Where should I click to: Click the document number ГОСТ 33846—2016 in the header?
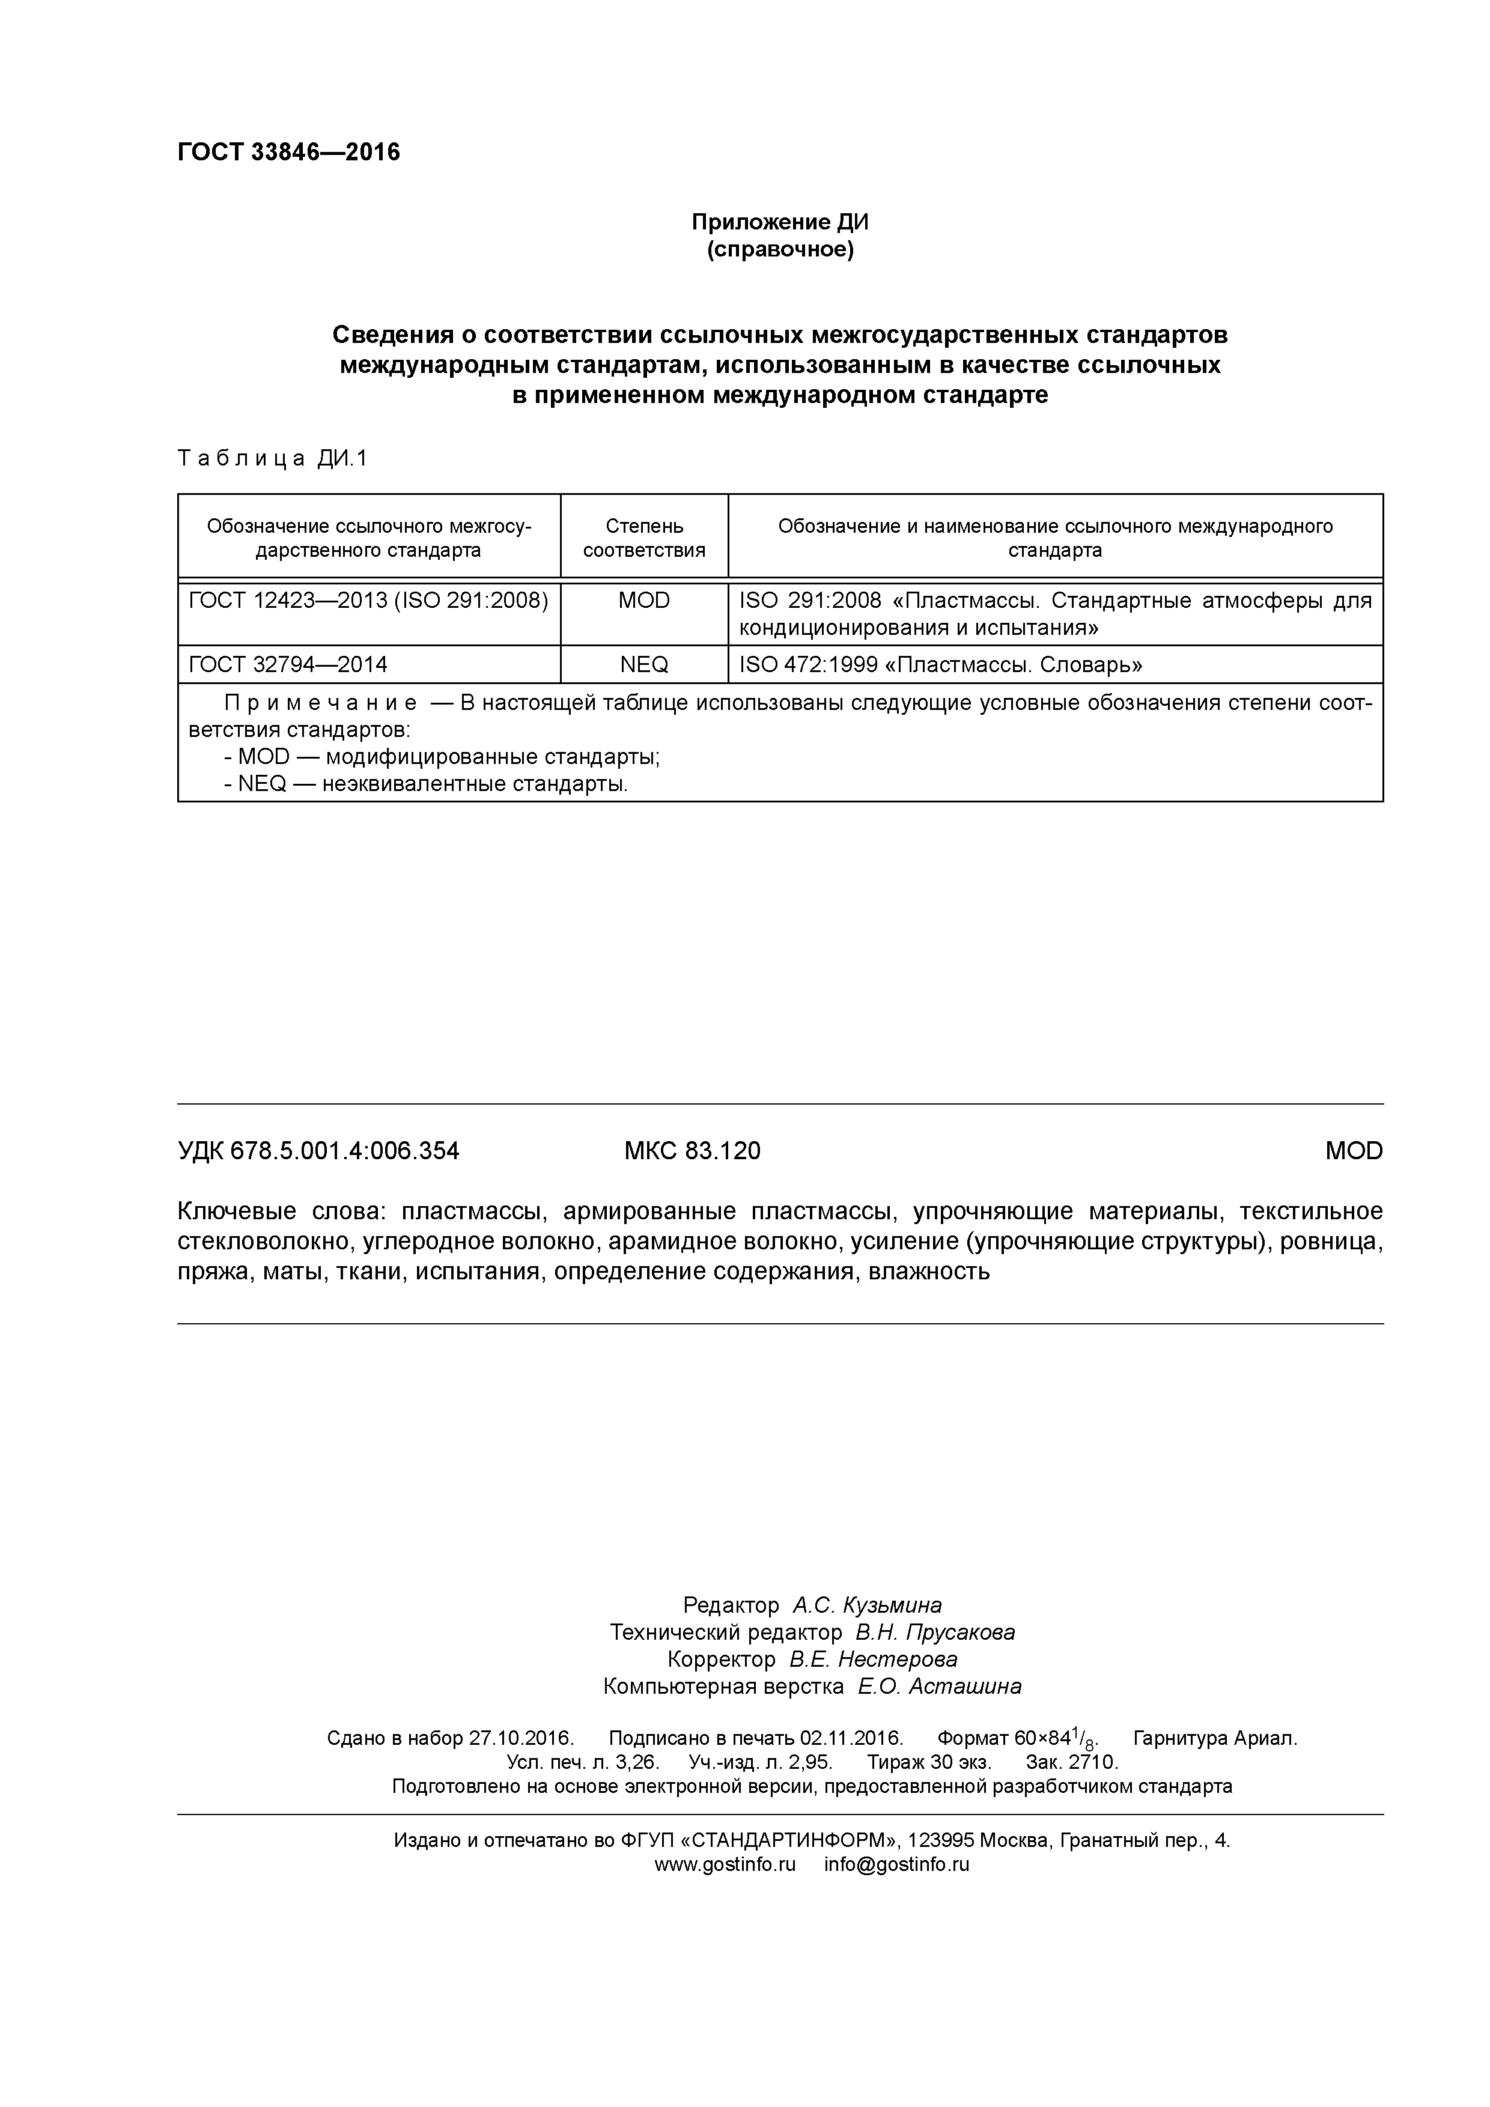(288, 153)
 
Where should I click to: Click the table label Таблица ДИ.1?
(272, 459)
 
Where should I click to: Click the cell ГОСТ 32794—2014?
(287, 664)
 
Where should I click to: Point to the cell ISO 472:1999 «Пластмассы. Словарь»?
(934, 664)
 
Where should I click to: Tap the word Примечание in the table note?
(320, 704)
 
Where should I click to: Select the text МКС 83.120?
(692, 1151)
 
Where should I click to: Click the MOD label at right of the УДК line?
(1353, 1151)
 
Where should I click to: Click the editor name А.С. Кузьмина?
(866, 1605)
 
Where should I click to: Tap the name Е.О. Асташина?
(939, 1686)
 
